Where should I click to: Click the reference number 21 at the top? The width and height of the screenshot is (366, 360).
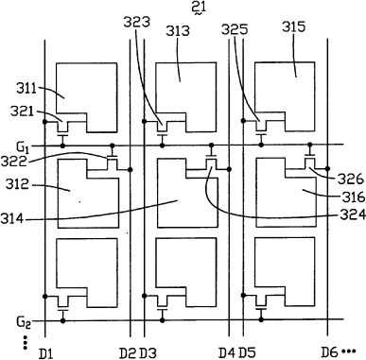(199, 7)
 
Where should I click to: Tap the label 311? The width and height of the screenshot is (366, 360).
(26, 89)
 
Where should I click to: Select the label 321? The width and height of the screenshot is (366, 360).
(22, 111)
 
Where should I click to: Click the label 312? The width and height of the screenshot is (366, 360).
(17, 184)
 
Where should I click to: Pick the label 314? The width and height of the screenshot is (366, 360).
(12, 218)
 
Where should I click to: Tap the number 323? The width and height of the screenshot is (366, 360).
(136, 22)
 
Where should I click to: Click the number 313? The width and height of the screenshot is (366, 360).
(178, 31)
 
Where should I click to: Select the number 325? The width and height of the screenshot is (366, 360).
(235, 29)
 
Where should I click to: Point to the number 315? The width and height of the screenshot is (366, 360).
(294, 26)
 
